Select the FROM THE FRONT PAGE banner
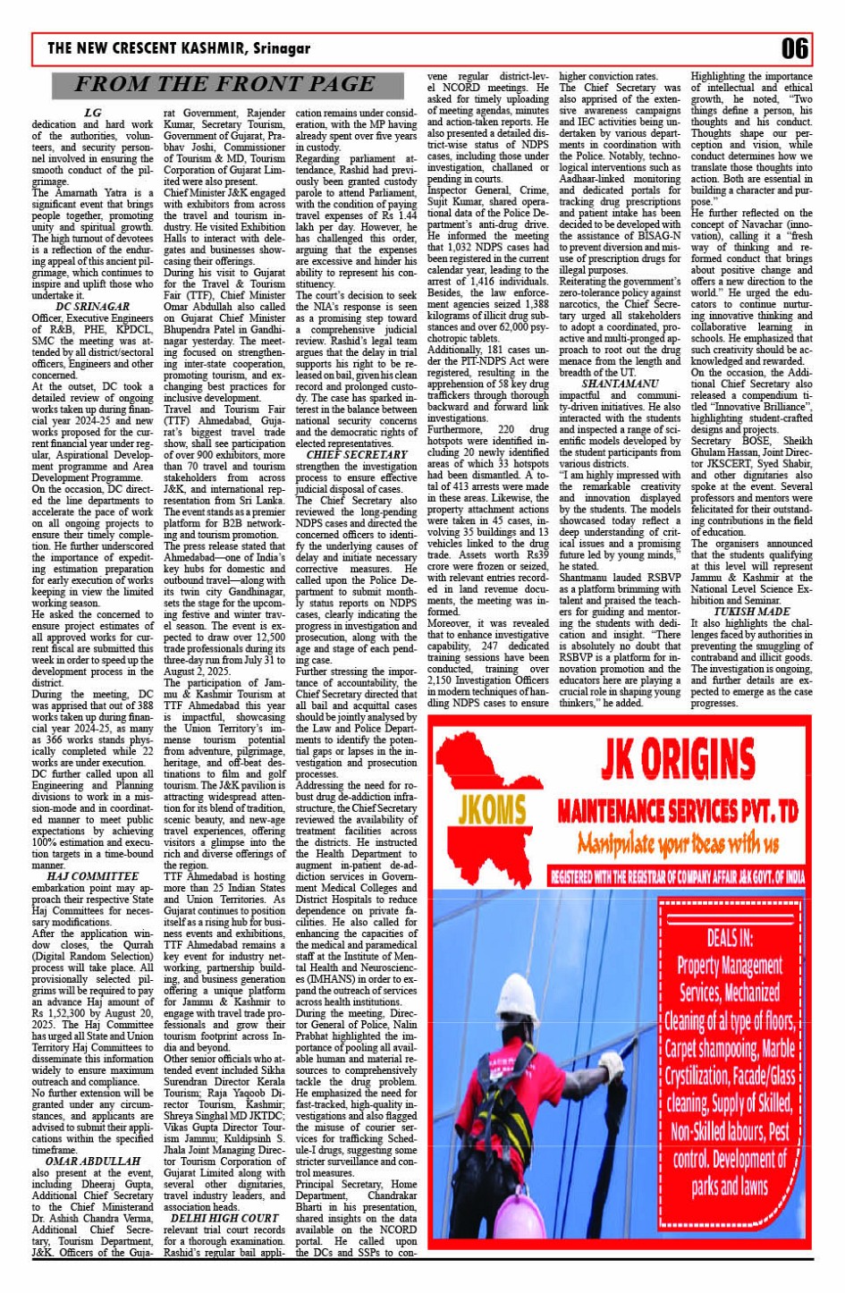pos(224,85)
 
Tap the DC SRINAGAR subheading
pos(92,307)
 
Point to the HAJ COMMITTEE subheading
pos(92,875)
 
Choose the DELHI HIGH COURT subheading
pos(224,1218)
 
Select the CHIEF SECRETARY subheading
pos(357,455)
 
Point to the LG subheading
pos(92,113)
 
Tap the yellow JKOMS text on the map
pos(492,811)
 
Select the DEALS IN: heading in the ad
pos(730,939)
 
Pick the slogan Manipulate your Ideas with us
pos(677,843)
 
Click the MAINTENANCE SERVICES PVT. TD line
pos(677,811)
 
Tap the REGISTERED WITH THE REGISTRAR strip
pos(677,876)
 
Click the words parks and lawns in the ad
pos(730,1187)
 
